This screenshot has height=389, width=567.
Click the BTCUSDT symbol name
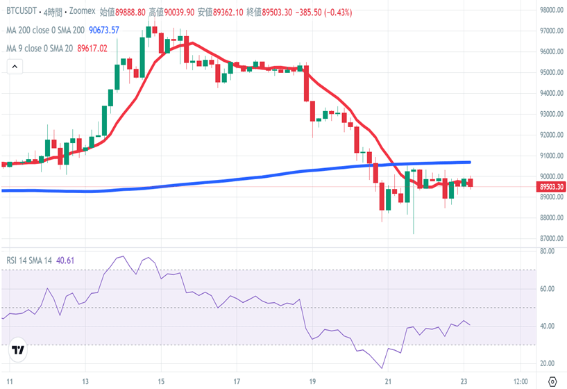click(x=22, y=12)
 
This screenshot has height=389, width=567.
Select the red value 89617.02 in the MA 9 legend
click(x=92, y=48)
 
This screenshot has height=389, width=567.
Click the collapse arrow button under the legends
click(x=15, y=67)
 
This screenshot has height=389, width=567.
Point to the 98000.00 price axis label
click(x=551, y=10)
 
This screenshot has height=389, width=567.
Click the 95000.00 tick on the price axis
click(x=551, y=72)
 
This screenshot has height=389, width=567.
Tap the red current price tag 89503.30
click(x=552, y=187)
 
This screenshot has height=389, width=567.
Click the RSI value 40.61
click(x=65, y=260)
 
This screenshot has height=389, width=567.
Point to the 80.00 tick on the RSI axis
click(x=548, y=251)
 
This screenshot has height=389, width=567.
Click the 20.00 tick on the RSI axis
click(x=548, y=363)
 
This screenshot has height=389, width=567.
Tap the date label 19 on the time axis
click(x=313, y=381)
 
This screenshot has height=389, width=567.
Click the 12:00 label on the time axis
click(x=521, y=381)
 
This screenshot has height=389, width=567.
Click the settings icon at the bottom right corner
click(x=552, y=381)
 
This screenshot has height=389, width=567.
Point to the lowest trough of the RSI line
click(x=382, y=368)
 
